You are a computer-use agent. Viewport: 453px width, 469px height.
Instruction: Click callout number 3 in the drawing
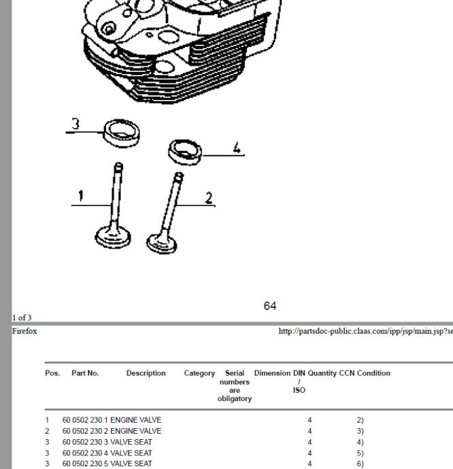pyautogui.click(x=76, y=124)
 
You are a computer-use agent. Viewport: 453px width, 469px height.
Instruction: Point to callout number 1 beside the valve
pyautogui.click(x=80, y=196)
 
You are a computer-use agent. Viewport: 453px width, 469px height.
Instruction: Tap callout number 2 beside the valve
pyautogui.click(x=209, y=198)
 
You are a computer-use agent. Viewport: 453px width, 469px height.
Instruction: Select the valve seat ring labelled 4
pyautogui.click(x=184, y=152)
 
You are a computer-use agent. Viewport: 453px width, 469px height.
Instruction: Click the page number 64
pyautogui.click(x=270, y=306)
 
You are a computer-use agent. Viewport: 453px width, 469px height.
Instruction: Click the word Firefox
pyautogui.click(x=24, y=332)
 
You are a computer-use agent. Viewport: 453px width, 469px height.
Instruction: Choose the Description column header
pyautogui.click(x=146, y=373)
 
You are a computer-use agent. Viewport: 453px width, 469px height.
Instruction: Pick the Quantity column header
pyautogui.click(x=322, y=373)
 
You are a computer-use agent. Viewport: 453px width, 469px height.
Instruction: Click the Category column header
pyautogui.click(x=199, y=373)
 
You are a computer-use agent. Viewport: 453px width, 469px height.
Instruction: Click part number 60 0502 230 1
pyautogui.click(x=85, y=421)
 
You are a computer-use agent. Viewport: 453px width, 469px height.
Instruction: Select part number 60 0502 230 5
pyautogui.click(x=85, y=464)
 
